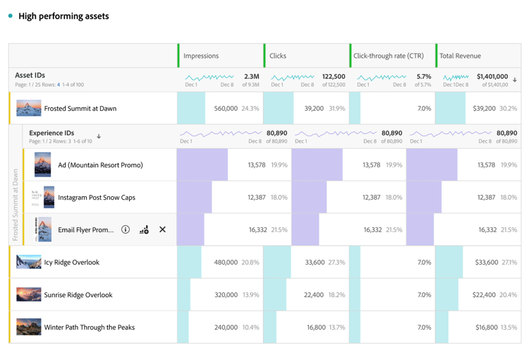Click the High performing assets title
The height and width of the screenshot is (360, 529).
[x=63, y=16]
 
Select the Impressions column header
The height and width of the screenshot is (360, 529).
[x=201, y=56]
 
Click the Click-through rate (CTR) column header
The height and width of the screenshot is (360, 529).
[x=388, y=56]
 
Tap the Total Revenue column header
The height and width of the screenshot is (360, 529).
[x=460, y=56]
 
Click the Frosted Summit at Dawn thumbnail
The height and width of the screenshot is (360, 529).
[x=29, y=109]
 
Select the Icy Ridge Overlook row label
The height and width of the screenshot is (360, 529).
[x=71, y=263]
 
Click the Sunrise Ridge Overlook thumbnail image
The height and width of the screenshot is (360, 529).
[x=29, y=295]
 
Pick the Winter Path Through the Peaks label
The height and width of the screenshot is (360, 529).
[x=89, y=328]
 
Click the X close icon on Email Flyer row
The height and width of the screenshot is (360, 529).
[x=162, y=229]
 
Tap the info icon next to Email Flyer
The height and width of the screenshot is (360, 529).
[x=126, y=229]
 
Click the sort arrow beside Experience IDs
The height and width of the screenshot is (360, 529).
[x=99, y=136]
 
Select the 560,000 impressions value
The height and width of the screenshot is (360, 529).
[x=226, y=109]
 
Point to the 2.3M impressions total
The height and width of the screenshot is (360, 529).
[x=251, y=76]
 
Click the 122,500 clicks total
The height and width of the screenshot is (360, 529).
[x=334, y=76]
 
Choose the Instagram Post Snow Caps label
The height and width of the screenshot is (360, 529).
[x=97, y=198]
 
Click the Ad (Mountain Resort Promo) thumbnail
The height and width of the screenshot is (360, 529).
[x=42, y=164]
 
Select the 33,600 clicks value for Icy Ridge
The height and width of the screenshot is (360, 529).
[x=315, y=263]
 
